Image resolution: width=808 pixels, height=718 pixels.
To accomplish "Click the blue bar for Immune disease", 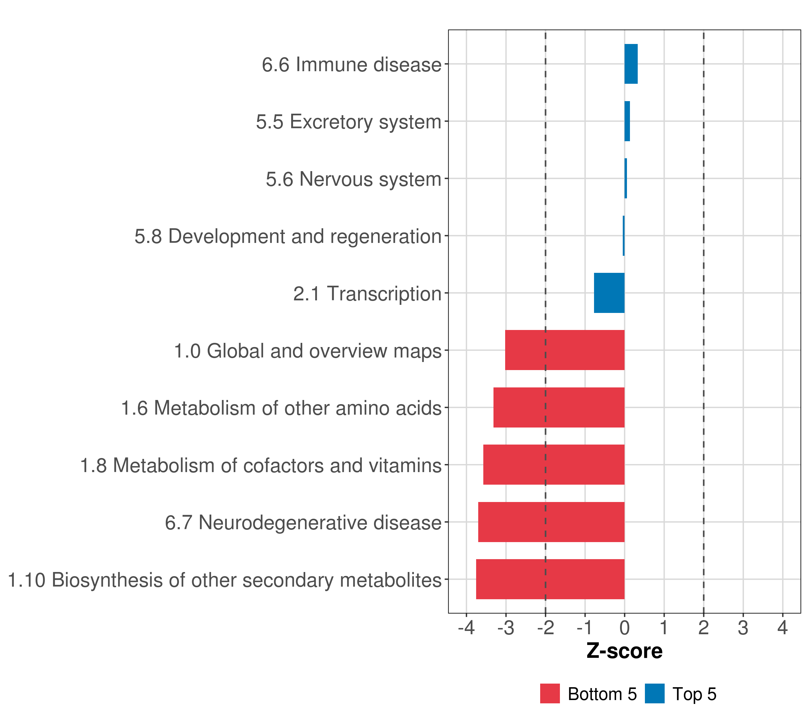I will point(631,64).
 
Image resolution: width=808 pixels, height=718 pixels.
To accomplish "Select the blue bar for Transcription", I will point(609,293).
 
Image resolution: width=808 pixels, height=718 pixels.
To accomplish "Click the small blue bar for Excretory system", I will point(627,121).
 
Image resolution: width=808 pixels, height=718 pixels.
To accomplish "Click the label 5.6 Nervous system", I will point(353,179).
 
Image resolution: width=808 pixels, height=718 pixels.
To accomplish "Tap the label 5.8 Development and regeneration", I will point(288,236).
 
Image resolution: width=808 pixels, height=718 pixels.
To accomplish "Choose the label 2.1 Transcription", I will point(367,293).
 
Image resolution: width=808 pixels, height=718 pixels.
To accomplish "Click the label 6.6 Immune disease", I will point(351,64).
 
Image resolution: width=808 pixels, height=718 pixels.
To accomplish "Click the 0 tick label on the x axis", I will point(624,628).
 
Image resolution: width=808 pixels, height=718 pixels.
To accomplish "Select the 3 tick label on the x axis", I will point(743,628).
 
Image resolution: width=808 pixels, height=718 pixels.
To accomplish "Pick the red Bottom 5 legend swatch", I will point(550,693).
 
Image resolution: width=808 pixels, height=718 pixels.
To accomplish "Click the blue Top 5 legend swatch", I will point(654,693).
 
